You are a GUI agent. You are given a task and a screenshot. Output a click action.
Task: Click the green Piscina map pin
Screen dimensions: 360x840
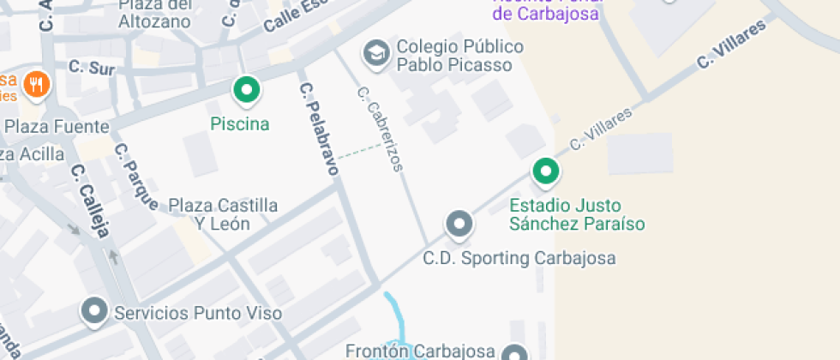click(x=247, y=89)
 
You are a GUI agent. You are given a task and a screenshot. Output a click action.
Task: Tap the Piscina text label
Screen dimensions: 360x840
click(x=240, y=124)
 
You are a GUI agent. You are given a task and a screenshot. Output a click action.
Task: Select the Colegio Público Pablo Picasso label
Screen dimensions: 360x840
click(x=454, y=56)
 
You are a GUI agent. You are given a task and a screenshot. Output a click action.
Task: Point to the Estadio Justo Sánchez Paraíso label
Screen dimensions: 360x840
click(x=577, y=215)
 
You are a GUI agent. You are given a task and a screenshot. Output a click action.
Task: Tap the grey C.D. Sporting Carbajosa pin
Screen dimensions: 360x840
click(x=459, y=225)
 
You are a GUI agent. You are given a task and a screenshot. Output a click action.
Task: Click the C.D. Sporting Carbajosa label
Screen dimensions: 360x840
click(x=519, y=258)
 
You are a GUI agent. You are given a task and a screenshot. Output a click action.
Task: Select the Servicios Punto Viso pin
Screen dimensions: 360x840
click(x=93, y=311)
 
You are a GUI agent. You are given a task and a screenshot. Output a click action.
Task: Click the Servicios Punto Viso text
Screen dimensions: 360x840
click(x=198, y=314)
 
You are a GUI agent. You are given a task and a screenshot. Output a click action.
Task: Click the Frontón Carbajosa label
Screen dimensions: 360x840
click(x=420, y=351)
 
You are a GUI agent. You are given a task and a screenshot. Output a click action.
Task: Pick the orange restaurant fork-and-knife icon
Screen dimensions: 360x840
click(x=36, y=84)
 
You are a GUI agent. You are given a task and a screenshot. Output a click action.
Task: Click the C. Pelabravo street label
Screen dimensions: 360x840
click(x=318, y=129)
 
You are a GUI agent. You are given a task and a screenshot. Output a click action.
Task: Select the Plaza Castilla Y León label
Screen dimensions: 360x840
click(x=223, y=214)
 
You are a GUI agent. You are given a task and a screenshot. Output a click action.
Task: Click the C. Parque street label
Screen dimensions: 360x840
click(x=136, y=176)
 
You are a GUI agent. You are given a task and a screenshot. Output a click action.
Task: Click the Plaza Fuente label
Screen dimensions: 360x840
click(x=57, y=127)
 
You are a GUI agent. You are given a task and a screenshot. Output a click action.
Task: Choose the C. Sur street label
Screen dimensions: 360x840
click(x=92, y=66)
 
